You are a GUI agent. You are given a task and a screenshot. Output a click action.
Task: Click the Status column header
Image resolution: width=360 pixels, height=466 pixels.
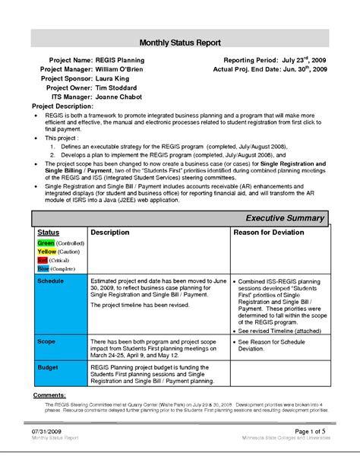click(x=49, y=231)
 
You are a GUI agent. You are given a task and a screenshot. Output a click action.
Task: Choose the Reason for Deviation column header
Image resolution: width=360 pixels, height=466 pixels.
click(x=268, y=231)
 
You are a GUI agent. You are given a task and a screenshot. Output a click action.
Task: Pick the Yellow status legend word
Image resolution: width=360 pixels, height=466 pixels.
click(x=47, y=251)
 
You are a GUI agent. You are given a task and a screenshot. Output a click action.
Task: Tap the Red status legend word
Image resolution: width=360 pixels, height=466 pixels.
click(x=43, y=260)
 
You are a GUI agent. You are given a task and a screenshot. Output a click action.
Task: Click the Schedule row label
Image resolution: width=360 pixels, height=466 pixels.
click(x=52, y=281)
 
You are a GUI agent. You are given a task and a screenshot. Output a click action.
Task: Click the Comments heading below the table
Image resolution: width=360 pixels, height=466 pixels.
click(x=51, y=396)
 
